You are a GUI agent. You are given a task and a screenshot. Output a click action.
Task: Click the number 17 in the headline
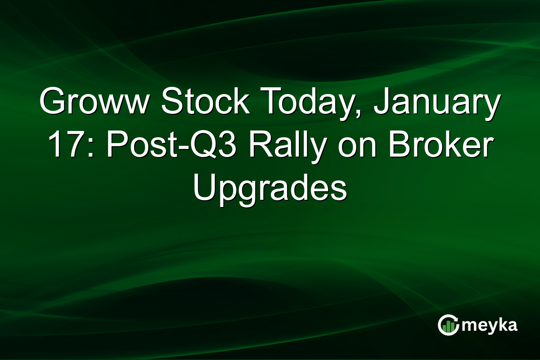[x=62, y=146]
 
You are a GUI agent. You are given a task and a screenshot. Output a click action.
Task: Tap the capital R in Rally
[x=243, y=146]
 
